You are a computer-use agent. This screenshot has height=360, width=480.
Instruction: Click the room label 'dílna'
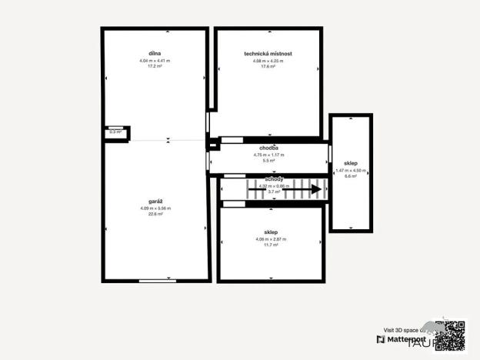[155, 53]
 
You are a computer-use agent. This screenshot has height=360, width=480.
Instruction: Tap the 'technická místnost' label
[268, 53]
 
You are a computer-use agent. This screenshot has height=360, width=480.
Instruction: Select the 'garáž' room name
[155, 202]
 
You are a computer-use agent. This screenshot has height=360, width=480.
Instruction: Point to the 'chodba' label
[268, 147]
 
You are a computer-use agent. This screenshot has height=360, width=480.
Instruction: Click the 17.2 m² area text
[155, 66]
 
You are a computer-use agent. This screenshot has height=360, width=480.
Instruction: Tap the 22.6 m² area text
[155, 215]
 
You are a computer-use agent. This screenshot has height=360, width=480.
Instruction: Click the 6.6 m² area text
[351, 176]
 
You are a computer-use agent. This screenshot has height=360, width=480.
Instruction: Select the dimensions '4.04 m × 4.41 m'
[155, 60]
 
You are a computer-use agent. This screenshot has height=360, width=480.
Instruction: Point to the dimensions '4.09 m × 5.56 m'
[155, 208]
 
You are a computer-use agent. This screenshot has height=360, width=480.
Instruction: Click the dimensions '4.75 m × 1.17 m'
[268, 154]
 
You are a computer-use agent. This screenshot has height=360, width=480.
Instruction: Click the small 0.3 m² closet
[116, 132]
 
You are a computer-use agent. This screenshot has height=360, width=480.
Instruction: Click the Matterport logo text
[405, 338]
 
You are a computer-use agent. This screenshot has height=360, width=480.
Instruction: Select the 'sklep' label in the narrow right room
[351, 163]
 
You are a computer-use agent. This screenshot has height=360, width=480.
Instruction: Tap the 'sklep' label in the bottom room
[270, 232]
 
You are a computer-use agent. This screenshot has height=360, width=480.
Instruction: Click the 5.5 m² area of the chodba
[268, 160]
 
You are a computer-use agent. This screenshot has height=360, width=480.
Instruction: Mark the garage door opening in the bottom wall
[157, 281]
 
